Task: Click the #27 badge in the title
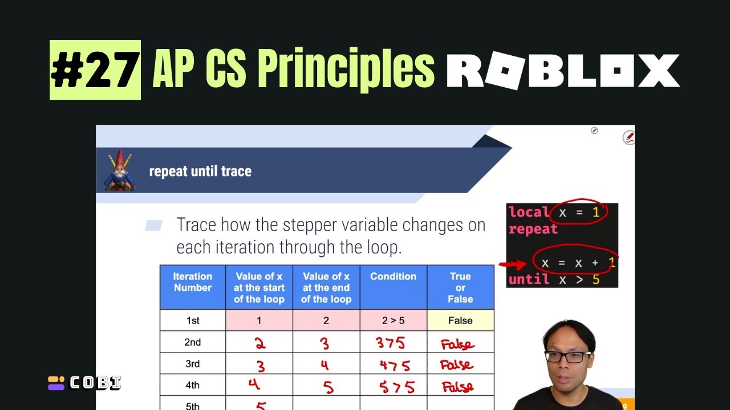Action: pyautogui.click(x=95, y=70)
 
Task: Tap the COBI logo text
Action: pyautogui.click(x=95, y=383)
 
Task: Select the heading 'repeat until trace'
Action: pyautogui.click(x=200, y=171)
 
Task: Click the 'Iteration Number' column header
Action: pyautogui.click(x=193, y=282)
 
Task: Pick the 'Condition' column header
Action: pyautogui.click(x=393, y=277)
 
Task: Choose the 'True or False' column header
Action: pyautogui.click(x=460, y=288)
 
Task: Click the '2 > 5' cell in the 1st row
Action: pyautogui.click(x=393, y=321)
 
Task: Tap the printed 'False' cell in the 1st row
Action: pyautogui.click(x=460, y=321)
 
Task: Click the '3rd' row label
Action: pyautogui.click(x=193, y=364)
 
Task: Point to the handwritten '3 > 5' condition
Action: pyautogui.click(x=391, y=343)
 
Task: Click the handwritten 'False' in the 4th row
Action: pyautogui.click(x=457, y=387)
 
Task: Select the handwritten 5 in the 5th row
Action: pyautogui.click(x=261, y=405)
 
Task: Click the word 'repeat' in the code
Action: pyautogui.click(x=533, y=229)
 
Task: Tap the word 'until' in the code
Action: pyautogui.click(x=529, y=279)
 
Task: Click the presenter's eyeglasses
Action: pyautogui.click(x=567, y=357)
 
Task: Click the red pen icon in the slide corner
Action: pyautogui.click(x=628, y=137)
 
